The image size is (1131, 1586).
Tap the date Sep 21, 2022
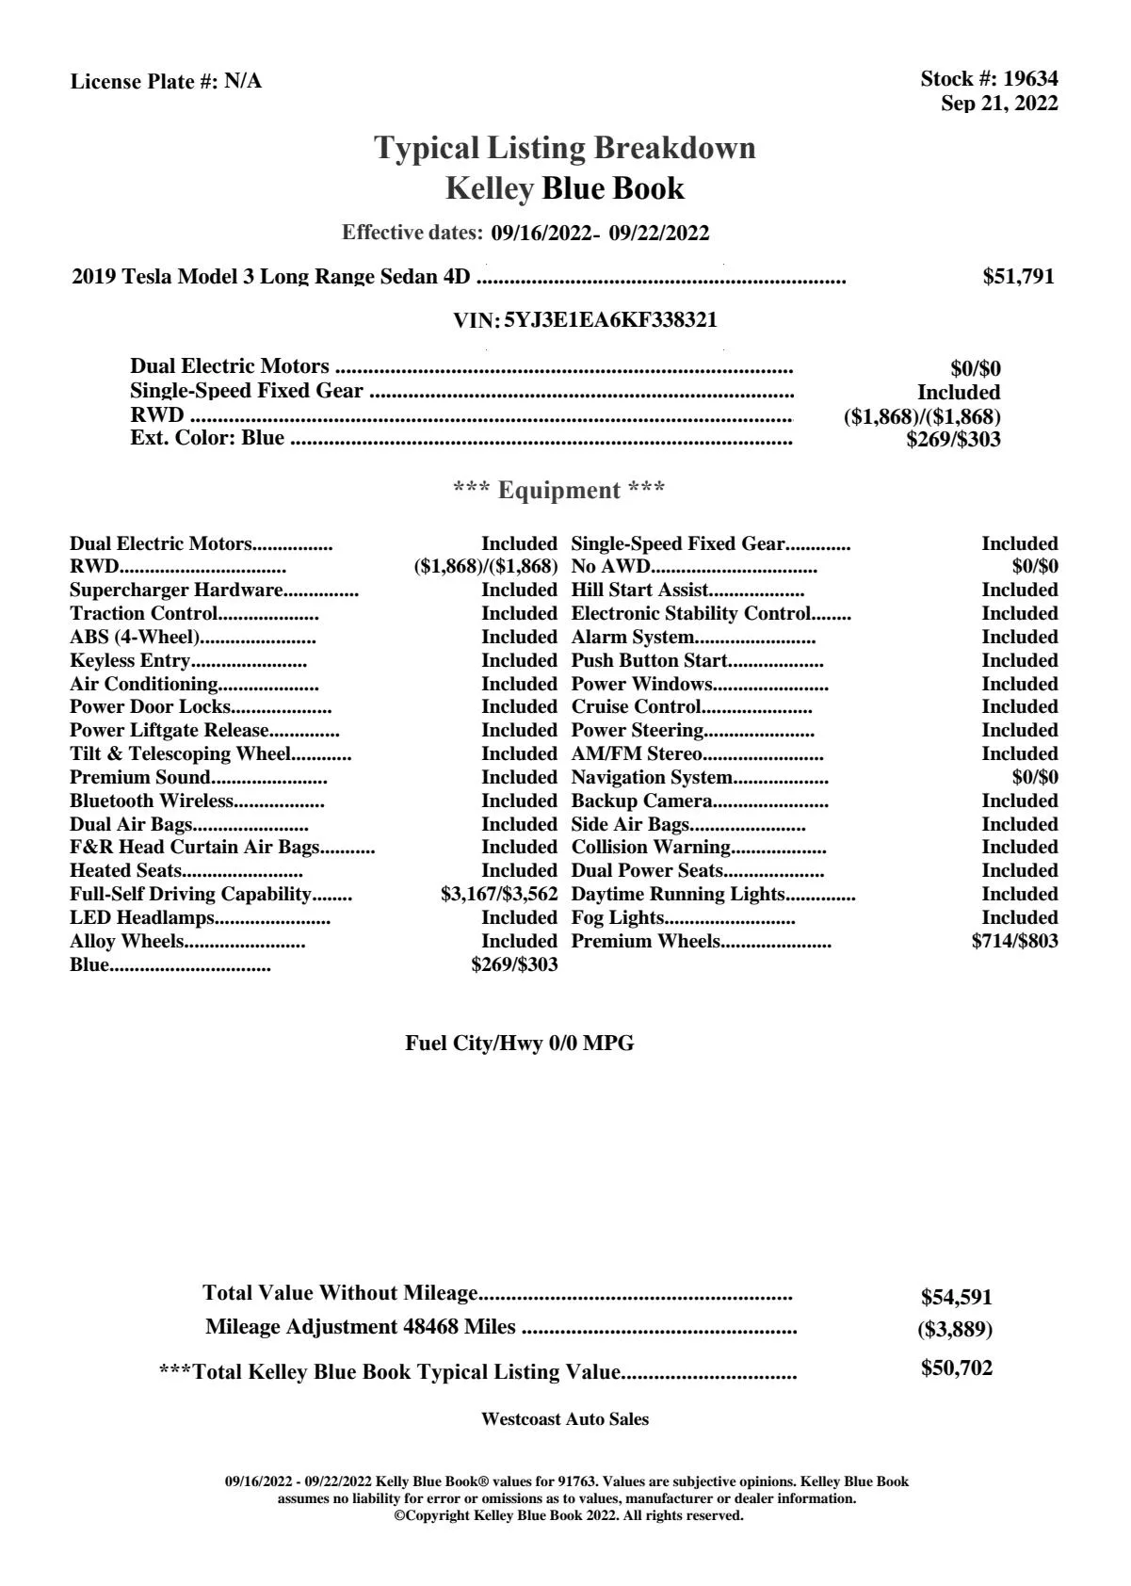[x=999, y=104]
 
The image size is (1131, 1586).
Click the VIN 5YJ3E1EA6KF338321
[x=610, y=320]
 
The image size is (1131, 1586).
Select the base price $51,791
[x=1018, y=277]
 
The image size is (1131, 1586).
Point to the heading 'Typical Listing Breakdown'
[x=565, y=148]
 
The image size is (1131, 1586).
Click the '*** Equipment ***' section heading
[x=559, y=491]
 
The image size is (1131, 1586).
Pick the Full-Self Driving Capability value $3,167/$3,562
[x=499, y=895]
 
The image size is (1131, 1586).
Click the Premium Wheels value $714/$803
[x=1014, y=942]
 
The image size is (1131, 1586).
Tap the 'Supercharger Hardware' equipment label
[x=176, y=591]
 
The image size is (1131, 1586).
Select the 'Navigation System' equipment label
[x=652, y=778]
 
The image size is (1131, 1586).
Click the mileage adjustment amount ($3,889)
[x=955, y=1330]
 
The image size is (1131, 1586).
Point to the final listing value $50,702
[x=956, y=1368]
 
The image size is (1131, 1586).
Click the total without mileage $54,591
[x=956, y=1297]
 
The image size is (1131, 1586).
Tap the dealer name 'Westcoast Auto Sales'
[x=565, y=1419]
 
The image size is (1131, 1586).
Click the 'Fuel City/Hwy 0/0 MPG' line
[x=520, y=1044]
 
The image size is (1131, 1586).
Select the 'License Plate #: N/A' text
[x=167, y=82]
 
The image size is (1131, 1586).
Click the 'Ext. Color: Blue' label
[x=207, y=438]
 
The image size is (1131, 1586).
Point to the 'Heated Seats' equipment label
[x=125, y=871]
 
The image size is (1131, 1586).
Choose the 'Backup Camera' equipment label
[x=641, y=801]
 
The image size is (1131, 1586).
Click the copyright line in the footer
[x=569, y=1515]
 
